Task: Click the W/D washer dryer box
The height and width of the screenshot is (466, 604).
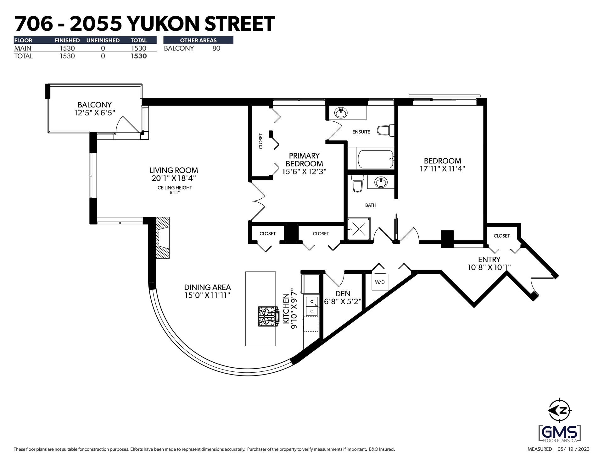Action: click(x=380, y=282)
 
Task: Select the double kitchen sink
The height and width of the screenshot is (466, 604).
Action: click(x=312, y=306)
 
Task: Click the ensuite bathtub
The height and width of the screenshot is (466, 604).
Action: click(x=375, y=159)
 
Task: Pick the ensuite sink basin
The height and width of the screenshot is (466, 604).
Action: click(x=340, y=112)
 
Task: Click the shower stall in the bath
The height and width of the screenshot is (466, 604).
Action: click(x=359, y=229)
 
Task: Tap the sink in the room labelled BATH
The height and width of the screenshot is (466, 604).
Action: click(x=381, y=182)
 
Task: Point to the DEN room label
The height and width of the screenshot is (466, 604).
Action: click(x=343, y=293)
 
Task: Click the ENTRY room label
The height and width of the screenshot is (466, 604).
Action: click(x=489, y=259)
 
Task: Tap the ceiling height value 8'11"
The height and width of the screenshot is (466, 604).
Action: click(x=175, y=192)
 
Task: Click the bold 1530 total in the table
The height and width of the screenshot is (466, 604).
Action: click(x=139, y=56)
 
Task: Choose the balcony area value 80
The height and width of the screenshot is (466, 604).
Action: click(x=216, y=48)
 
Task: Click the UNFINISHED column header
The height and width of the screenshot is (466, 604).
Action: click(x=103, y=40)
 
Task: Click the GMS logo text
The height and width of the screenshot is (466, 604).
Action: click(x=560, y=433)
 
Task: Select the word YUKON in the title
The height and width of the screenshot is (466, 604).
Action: click(x=161, y=24)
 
